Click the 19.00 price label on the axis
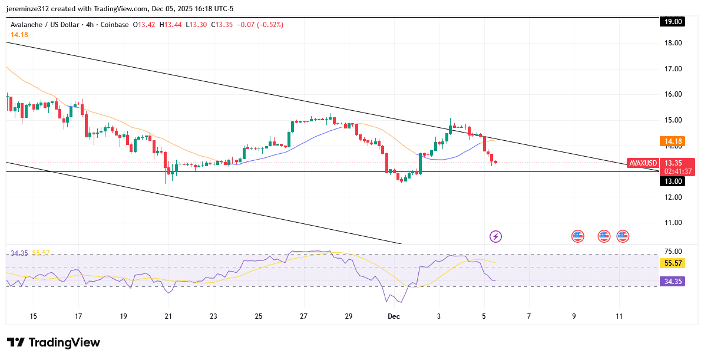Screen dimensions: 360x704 (x=673, y=22)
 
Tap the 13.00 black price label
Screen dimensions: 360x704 (x=673, y=181)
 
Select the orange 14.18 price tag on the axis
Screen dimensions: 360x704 (x=673, y=141)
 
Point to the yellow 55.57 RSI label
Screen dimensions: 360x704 (x=673, y=263)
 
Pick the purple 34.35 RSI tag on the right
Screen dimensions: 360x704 (x=673, y=282)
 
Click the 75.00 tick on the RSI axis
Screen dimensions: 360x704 (x=673, y=252)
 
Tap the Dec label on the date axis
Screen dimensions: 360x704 (x=394, y=316)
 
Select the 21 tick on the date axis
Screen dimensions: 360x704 (x=168, y=316)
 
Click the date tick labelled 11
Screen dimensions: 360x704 (x=619, y=316)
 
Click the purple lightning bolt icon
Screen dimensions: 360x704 (x=495, y=236)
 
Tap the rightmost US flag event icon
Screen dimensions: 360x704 (x=623, y=236)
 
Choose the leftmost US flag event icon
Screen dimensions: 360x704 (x=577, y=236)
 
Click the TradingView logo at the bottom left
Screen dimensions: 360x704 (x=54, y=343)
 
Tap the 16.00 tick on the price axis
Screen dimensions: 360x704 (x=673, y=94)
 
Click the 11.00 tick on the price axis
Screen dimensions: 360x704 (x=673, y=223)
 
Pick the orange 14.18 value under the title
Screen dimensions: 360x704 (x=19, y=35)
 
